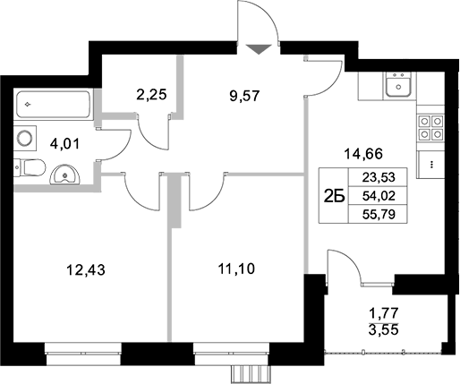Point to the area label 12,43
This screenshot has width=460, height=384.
click(x=83, y=267)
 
